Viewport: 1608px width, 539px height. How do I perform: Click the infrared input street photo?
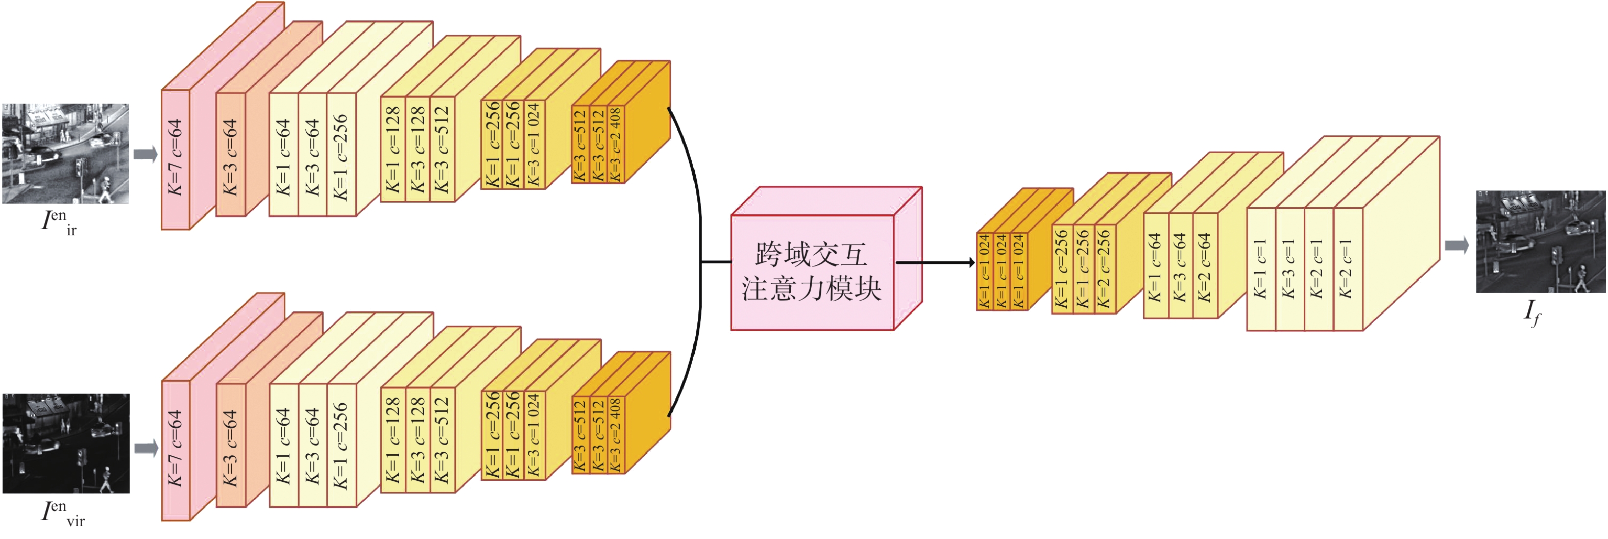coord(65,154)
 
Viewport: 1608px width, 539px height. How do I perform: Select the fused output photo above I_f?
coord(1540,241)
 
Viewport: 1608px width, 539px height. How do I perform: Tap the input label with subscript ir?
coord(59,223)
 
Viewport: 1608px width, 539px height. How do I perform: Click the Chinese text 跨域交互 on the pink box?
coord(812,254)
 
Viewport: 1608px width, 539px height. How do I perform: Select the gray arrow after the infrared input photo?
coord(146,154)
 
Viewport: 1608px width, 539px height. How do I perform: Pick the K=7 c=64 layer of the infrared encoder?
coord(176,160)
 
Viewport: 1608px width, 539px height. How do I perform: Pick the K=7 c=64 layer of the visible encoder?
coord(176,450)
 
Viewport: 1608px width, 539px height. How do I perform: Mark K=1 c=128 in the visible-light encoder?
coord(393,440)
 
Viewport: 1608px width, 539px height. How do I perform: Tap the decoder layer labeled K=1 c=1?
coord(1261,269)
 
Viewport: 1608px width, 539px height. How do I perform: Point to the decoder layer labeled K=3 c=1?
coord(1289,269)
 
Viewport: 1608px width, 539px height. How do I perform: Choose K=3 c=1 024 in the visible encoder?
coord(534,435)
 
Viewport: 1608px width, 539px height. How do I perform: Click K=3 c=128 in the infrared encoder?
coord(418,149)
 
